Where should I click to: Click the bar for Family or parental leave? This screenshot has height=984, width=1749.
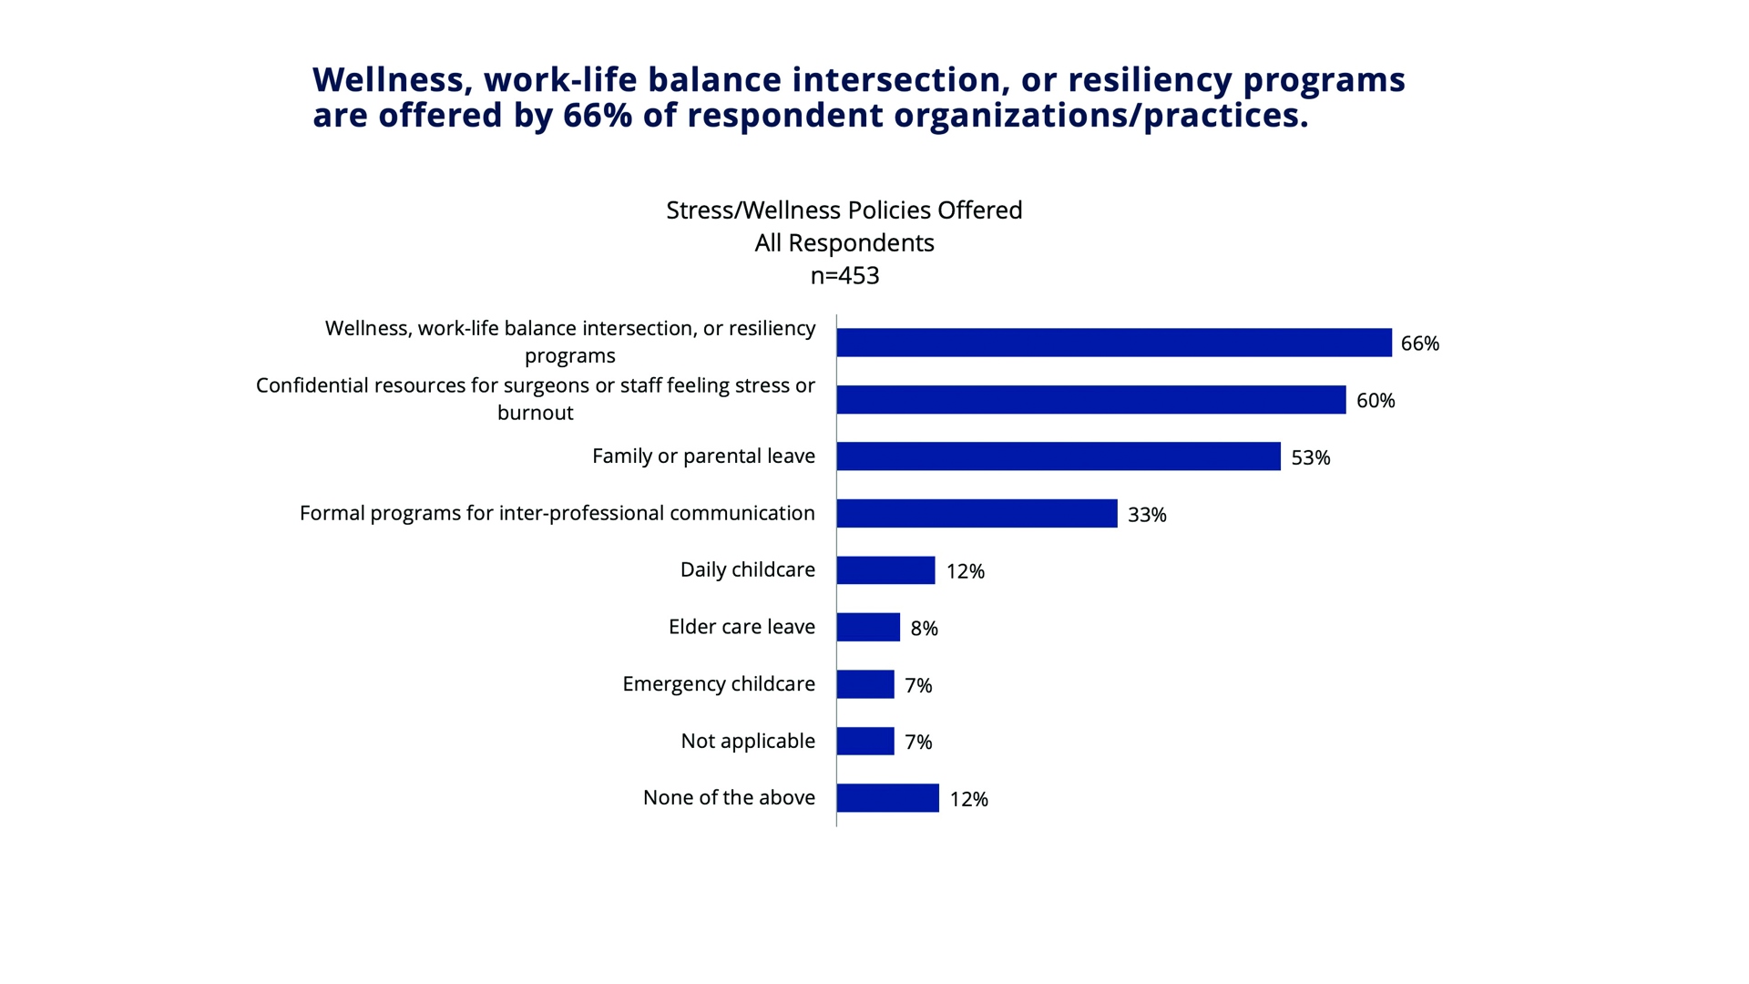(x=1058, y=456)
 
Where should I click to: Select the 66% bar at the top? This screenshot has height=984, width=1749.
(x=1113, y=343)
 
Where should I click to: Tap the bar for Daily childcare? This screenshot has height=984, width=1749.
(x=885, y=570)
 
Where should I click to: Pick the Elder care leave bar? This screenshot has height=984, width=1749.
(x=868, y=627)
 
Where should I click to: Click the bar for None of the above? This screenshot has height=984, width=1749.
(x=887, y=798)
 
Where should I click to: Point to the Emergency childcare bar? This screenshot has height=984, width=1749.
(x=865, y=684)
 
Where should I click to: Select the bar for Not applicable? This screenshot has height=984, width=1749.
(x=865, y=741)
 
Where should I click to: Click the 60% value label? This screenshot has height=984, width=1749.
(x=1375, y=401)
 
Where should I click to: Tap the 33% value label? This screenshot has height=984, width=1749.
(x=1146, y=515)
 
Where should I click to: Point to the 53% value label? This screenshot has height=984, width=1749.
(x=1310, y=457)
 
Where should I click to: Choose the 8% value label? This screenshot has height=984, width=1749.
(x=924, y=629)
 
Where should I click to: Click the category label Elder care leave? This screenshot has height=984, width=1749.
(x=742, y=627)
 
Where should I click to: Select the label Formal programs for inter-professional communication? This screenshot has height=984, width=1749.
(x=557, y=513)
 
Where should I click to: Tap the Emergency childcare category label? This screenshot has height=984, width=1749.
(x=719, y=684)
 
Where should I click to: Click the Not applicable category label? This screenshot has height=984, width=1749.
(x=748, y=741)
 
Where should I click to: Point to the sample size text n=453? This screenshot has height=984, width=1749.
(x=844, y=275)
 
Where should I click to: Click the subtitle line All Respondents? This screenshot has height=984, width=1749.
(x=844, y=243)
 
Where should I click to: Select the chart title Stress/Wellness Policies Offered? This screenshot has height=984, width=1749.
(x=844, y=210)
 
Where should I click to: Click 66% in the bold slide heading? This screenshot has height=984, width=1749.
(x=598, y=116)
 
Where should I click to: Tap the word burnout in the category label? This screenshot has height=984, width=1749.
(x=535, y=413)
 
